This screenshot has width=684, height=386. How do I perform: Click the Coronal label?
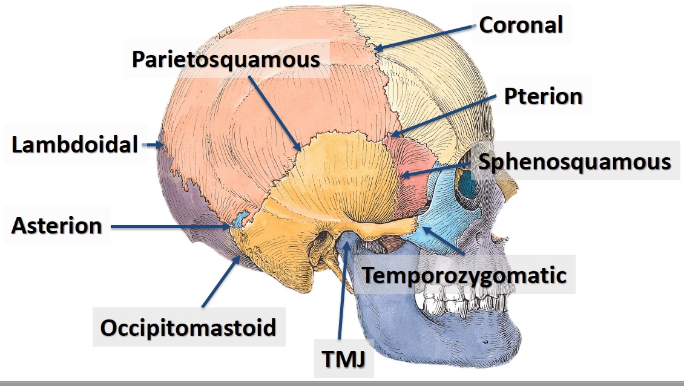(521, 25)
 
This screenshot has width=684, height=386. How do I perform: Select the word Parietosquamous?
(226, 59)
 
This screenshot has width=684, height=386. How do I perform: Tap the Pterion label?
(543, 96)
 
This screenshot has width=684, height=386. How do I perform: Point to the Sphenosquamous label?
(574, 162)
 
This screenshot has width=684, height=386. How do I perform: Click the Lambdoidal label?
(75, 145)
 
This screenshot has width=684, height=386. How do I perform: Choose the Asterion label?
(57, 226)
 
